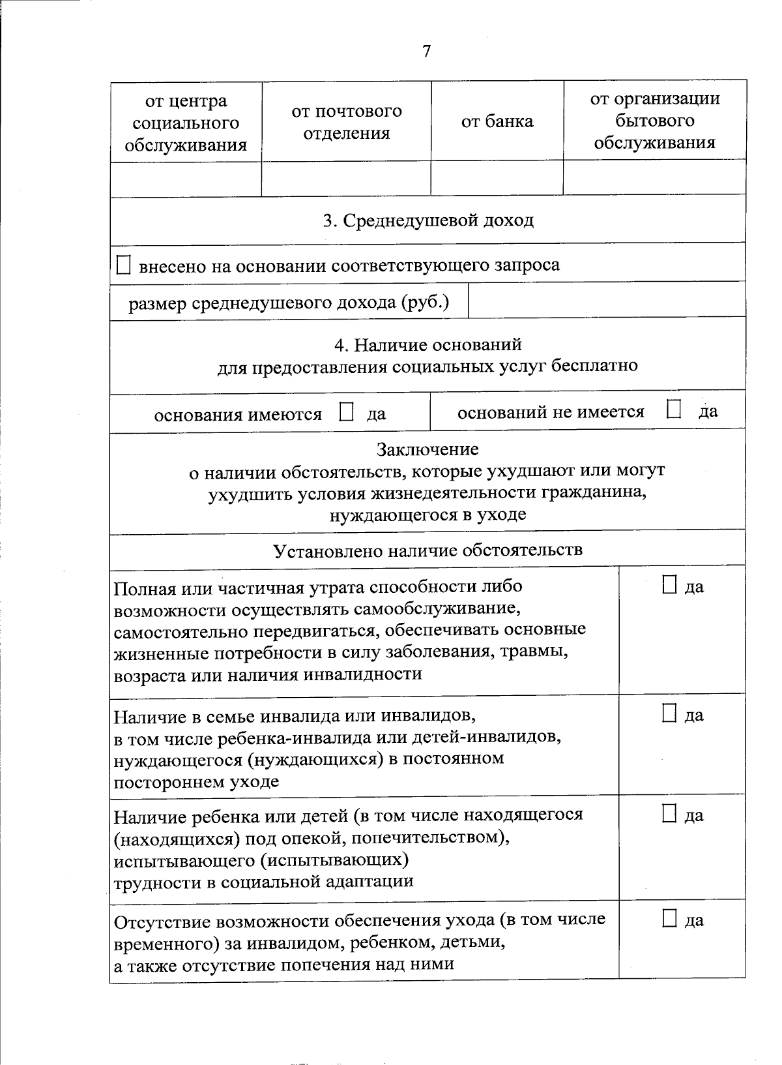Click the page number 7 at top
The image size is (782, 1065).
coord(426,52)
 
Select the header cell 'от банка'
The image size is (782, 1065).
coord(497,121)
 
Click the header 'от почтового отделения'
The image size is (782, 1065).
coord(346,122)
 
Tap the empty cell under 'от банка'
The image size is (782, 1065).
coord(497,177)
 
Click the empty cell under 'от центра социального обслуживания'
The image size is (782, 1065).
coord(186,179)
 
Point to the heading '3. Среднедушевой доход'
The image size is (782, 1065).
coord(428,220)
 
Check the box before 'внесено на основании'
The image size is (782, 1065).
coord(123,265)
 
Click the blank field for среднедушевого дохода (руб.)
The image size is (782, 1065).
coord(606,301)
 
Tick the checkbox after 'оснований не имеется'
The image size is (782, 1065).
coord(673,410)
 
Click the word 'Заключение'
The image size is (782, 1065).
coord(427,449)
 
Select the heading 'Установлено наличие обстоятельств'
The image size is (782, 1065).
coord(427,550)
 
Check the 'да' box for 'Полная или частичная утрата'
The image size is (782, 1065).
coord(669,585)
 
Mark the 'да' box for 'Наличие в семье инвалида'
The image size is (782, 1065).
coord(669,713)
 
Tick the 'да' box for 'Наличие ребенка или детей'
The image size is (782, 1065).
coord(669,813)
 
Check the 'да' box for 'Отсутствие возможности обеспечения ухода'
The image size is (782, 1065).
coord(669,918)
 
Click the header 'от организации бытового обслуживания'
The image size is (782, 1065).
coord(654,121)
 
